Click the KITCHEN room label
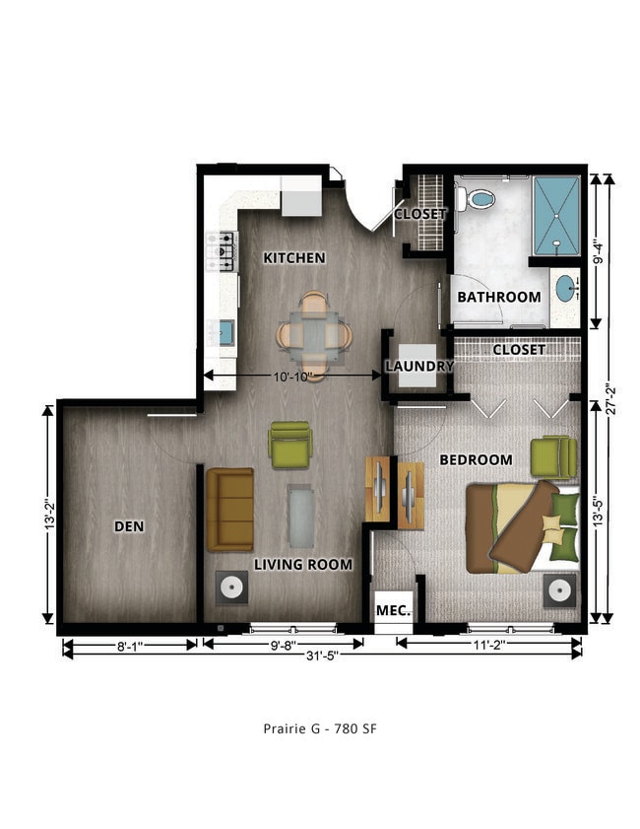293,257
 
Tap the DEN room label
129,526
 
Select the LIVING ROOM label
303,565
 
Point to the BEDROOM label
476,459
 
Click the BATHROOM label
498,297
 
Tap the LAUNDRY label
418,366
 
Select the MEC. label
394,610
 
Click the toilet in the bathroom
480,198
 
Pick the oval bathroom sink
565,289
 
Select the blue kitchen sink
225,333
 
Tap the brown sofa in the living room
229,510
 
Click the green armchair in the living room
289,445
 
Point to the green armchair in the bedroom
553,456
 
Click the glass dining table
314,336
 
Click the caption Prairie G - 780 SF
320,729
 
